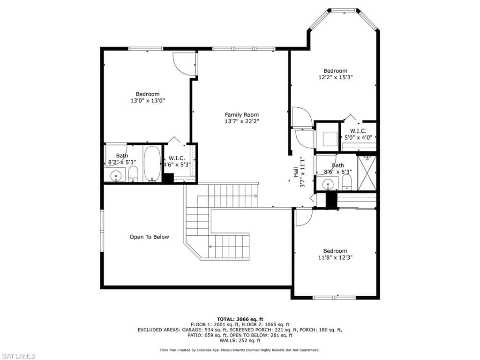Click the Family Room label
coord(241,115)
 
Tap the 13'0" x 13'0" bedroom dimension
coord(148,100)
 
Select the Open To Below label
coord(149,237)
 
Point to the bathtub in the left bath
coord(152,164)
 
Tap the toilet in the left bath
coord(133,174)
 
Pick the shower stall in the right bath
coord(367,173)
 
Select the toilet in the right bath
coord(346,182)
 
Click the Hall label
coord(296,172)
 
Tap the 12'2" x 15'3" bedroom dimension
coord(336,77)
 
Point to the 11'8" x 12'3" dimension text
coord(335,257)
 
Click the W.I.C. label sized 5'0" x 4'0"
coord(358,131)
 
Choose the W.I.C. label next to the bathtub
coord(177,158)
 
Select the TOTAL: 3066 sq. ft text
coord(240,319)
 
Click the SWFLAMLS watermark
coord(18,356)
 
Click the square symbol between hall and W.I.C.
coord(330,139)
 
